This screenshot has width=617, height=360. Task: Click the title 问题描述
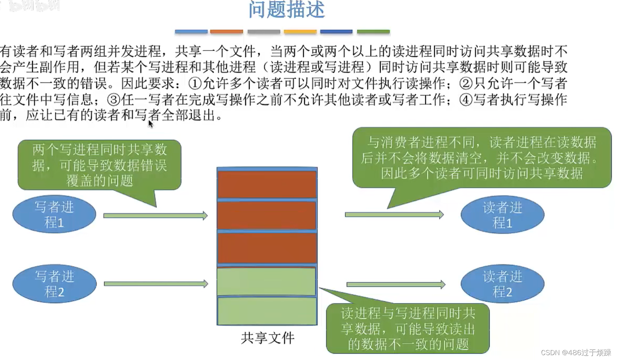286,10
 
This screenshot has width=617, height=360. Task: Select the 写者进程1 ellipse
54,215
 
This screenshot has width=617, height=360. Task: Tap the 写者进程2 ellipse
54,284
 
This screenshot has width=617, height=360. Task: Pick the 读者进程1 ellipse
502,215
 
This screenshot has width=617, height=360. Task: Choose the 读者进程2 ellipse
502,284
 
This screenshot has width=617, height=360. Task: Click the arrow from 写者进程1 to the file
155,215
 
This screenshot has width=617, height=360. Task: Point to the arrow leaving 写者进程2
155,284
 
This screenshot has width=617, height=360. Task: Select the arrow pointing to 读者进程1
394,215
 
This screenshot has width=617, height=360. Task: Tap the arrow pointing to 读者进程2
395,284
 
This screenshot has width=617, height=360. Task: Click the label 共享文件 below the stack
268,338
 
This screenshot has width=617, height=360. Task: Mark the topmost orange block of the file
267,184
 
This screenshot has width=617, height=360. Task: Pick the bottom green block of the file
267,311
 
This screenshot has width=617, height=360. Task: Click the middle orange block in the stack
267,215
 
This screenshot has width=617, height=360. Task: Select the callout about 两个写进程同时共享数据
100,165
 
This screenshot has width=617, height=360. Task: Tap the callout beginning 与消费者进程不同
482,158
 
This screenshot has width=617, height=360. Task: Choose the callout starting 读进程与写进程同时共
408,329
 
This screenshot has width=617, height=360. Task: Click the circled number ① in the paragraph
195,84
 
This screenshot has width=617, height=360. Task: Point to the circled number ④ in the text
466,100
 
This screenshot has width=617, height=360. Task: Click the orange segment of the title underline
227,32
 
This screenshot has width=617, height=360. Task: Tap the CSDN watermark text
575,353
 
